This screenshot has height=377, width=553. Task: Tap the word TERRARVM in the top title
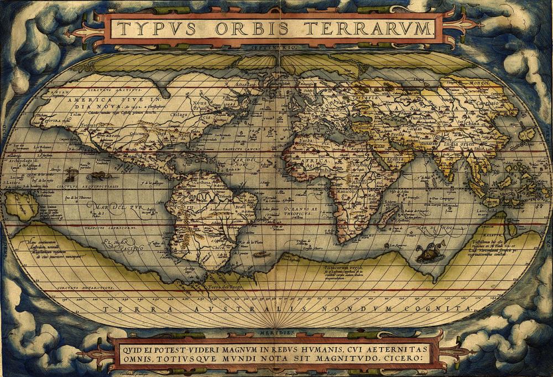pyautogui.click(x=377, y=29)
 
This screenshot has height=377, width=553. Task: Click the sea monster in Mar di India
pyautogui.click(x=427, y=254)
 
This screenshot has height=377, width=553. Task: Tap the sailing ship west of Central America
pyautogui.click(x=70, y=175)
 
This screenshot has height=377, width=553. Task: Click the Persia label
pyautogui.click(x=395, y=135)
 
